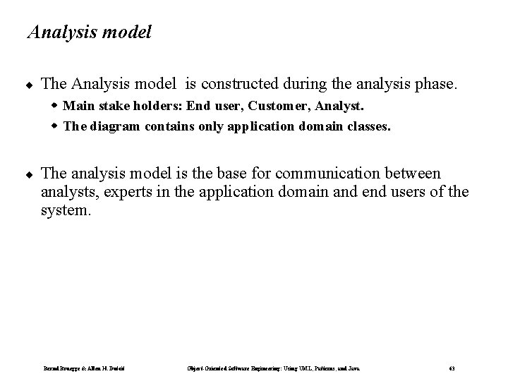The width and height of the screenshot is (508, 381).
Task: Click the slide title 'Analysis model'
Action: [x=88, y=32]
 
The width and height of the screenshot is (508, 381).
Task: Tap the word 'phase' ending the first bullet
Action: [x=437, y=84]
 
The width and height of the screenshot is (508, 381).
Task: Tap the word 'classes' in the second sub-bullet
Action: [x=368, y=126]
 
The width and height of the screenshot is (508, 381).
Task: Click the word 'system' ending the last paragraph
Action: [x=65, y=210]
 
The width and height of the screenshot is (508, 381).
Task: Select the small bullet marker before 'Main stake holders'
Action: [x=55, y=107]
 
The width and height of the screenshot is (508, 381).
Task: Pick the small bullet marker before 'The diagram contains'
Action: [x=55, y=126]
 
